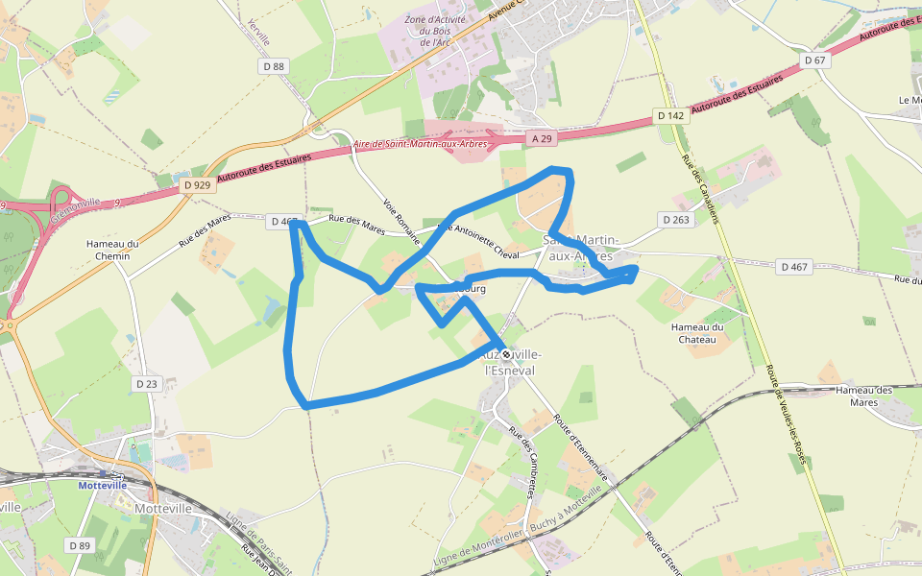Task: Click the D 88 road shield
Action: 274,66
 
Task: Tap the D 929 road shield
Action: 197,182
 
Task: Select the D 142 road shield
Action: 670,115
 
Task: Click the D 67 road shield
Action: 814,60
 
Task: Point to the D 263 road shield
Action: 676,220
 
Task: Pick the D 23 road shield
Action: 146,384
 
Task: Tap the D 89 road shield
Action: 80,545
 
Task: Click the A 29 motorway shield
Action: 543,138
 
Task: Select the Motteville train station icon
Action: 116,474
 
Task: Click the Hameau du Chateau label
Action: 697,333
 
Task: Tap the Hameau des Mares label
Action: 864,396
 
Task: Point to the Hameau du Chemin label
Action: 113,250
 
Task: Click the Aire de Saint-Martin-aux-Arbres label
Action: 421,144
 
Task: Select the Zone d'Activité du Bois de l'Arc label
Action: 435,31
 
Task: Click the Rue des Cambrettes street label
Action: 522,463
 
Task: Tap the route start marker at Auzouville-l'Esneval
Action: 506,354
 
